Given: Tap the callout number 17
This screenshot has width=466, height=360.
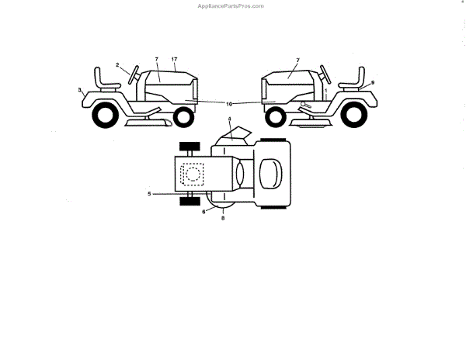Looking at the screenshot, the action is pyautogui.click(x=175, y=60).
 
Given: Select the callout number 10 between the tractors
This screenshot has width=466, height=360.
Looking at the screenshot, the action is pyautogui.click(x=228, y=103).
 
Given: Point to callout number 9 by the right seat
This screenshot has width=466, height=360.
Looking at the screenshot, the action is pyautogui.click(x=372, y=82).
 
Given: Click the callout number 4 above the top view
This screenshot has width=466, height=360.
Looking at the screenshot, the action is pyautogui.click(x=230, y=118).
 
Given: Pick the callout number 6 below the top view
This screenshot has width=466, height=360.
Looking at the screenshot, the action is pyautogui.click(x=204, y=210).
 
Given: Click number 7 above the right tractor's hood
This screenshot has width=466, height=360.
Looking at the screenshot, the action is pyautogui.click(x=297, y=60).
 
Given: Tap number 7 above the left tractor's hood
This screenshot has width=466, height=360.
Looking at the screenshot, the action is pyautogui.click(x=156, y=60).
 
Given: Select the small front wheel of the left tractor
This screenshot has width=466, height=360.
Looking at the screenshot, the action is pyautogui.click(x=183, y=117).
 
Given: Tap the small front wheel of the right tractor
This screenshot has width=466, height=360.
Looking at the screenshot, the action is pyautogui.click(x=274, y=118).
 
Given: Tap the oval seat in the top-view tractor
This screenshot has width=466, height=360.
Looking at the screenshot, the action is pyautogui.click(x=270, y=172).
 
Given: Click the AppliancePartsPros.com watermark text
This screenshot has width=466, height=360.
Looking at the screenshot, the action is pyautogui.click(x=231, y=5).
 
